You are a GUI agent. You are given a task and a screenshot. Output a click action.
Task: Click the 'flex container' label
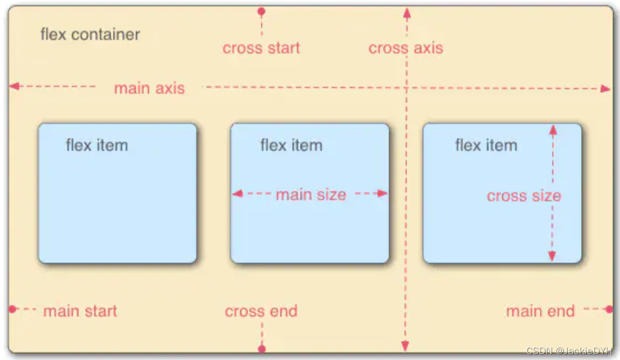(90, 35)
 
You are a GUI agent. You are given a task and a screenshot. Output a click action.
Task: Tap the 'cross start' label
(261, 48)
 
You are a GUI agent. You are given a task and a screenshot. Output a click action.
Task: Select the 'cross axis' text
(406, 48)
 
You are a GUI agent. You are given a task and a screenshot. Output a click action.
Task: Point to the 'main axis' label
(149, 88)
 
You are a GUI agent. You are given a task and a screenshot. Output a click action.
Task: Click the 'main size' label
(311, 195)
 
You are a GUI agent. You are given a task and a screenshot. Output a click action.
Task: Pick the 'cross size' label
(524, 196)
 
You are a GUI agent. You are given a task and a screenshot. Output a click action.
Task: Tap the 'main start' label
(80, 311)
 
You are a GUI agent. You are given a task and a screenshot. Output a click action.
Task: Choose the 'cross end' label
(261, 311)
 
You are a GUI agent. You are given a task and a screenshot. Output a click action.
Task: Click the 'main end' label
(540, 311)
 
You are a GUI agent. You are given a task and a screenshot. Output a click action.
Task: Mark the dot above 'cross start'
(261, 11)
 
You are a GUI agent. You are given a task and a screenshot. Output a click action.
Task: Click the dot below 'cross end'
(262, 348)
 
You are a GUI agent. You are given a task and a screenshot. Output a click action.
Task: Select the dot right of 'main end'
(609, 309)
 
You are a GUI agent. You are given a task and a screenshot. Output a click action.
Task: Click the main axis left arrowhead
(14, 86)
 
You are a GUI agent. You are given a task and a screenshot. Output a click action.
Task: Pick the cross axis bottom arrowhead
(405, 346)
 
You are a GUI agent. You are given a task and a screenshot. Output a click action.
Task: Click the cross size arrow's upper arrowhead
(553, 129)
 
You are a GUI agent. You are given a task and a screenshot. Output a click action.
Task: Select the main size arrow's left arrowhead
(237, 193)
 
